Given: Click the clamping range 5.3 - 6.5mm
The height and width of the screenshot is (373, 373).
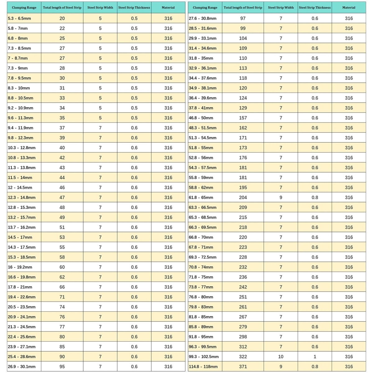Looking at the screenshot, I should (x=19, y=18).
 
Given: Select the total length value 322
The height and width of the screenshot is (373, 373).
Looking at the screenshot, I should (x=243, y=357).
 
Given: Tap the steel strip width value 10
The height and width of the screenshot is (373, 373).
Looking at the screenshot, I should (x=281, y=357).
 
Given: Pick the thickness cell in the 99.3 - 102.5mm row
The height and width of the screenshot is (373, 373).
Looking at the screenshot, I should (x=315, y=357).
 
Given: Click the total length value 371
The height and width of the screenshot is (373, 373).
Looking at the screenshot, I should (x=243, y=366).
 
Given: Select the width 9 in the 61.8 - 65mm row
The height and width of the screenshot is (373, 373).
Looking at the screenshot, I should (x=281, y=197).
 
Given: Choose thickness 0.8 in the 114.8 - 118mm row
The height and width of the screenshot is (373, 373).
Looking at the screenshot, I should (x=315, y=366).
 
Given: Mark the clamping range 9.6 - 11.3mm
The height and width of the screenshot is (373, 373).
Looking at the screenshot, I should (x=21, y=118).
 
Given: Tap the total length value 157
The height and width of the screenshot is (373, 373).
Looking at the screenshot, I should (x=243, y=118).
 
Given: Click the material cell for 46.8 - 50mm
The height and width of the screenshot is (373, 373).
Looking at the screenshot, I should (x=349, y=118).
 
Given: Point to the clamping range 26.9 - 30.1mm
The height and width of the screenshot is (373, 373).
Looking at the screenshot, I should (x=22, y=366).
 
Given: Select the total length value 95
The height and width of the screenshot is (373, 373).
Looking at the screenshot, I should (x=62, y=366).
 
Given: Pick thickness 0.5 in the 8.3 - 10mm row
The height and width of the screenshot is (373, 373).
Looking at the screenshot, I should (x=134, y=88).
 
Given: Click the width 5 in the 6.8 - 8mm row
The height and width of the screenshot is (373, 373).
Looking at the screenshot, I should (x=100, y=38).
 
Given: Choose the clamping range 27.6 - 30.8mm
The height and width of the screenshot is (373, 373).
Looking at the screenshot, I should (x=203, y=18).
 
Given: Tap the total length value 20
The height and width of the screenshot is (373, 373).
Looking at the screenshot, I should (x=62, y=18).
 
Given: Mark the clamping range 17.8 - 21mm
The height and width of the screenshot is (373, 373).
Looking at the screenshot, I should (x=20, y=287).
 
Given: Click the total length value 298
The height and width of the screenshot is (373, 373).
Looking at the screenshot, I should (x=243, y=337).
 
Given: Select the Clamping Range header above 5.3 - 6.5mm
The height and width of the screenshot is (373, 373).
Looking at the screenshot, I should (x=24, y=7).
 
